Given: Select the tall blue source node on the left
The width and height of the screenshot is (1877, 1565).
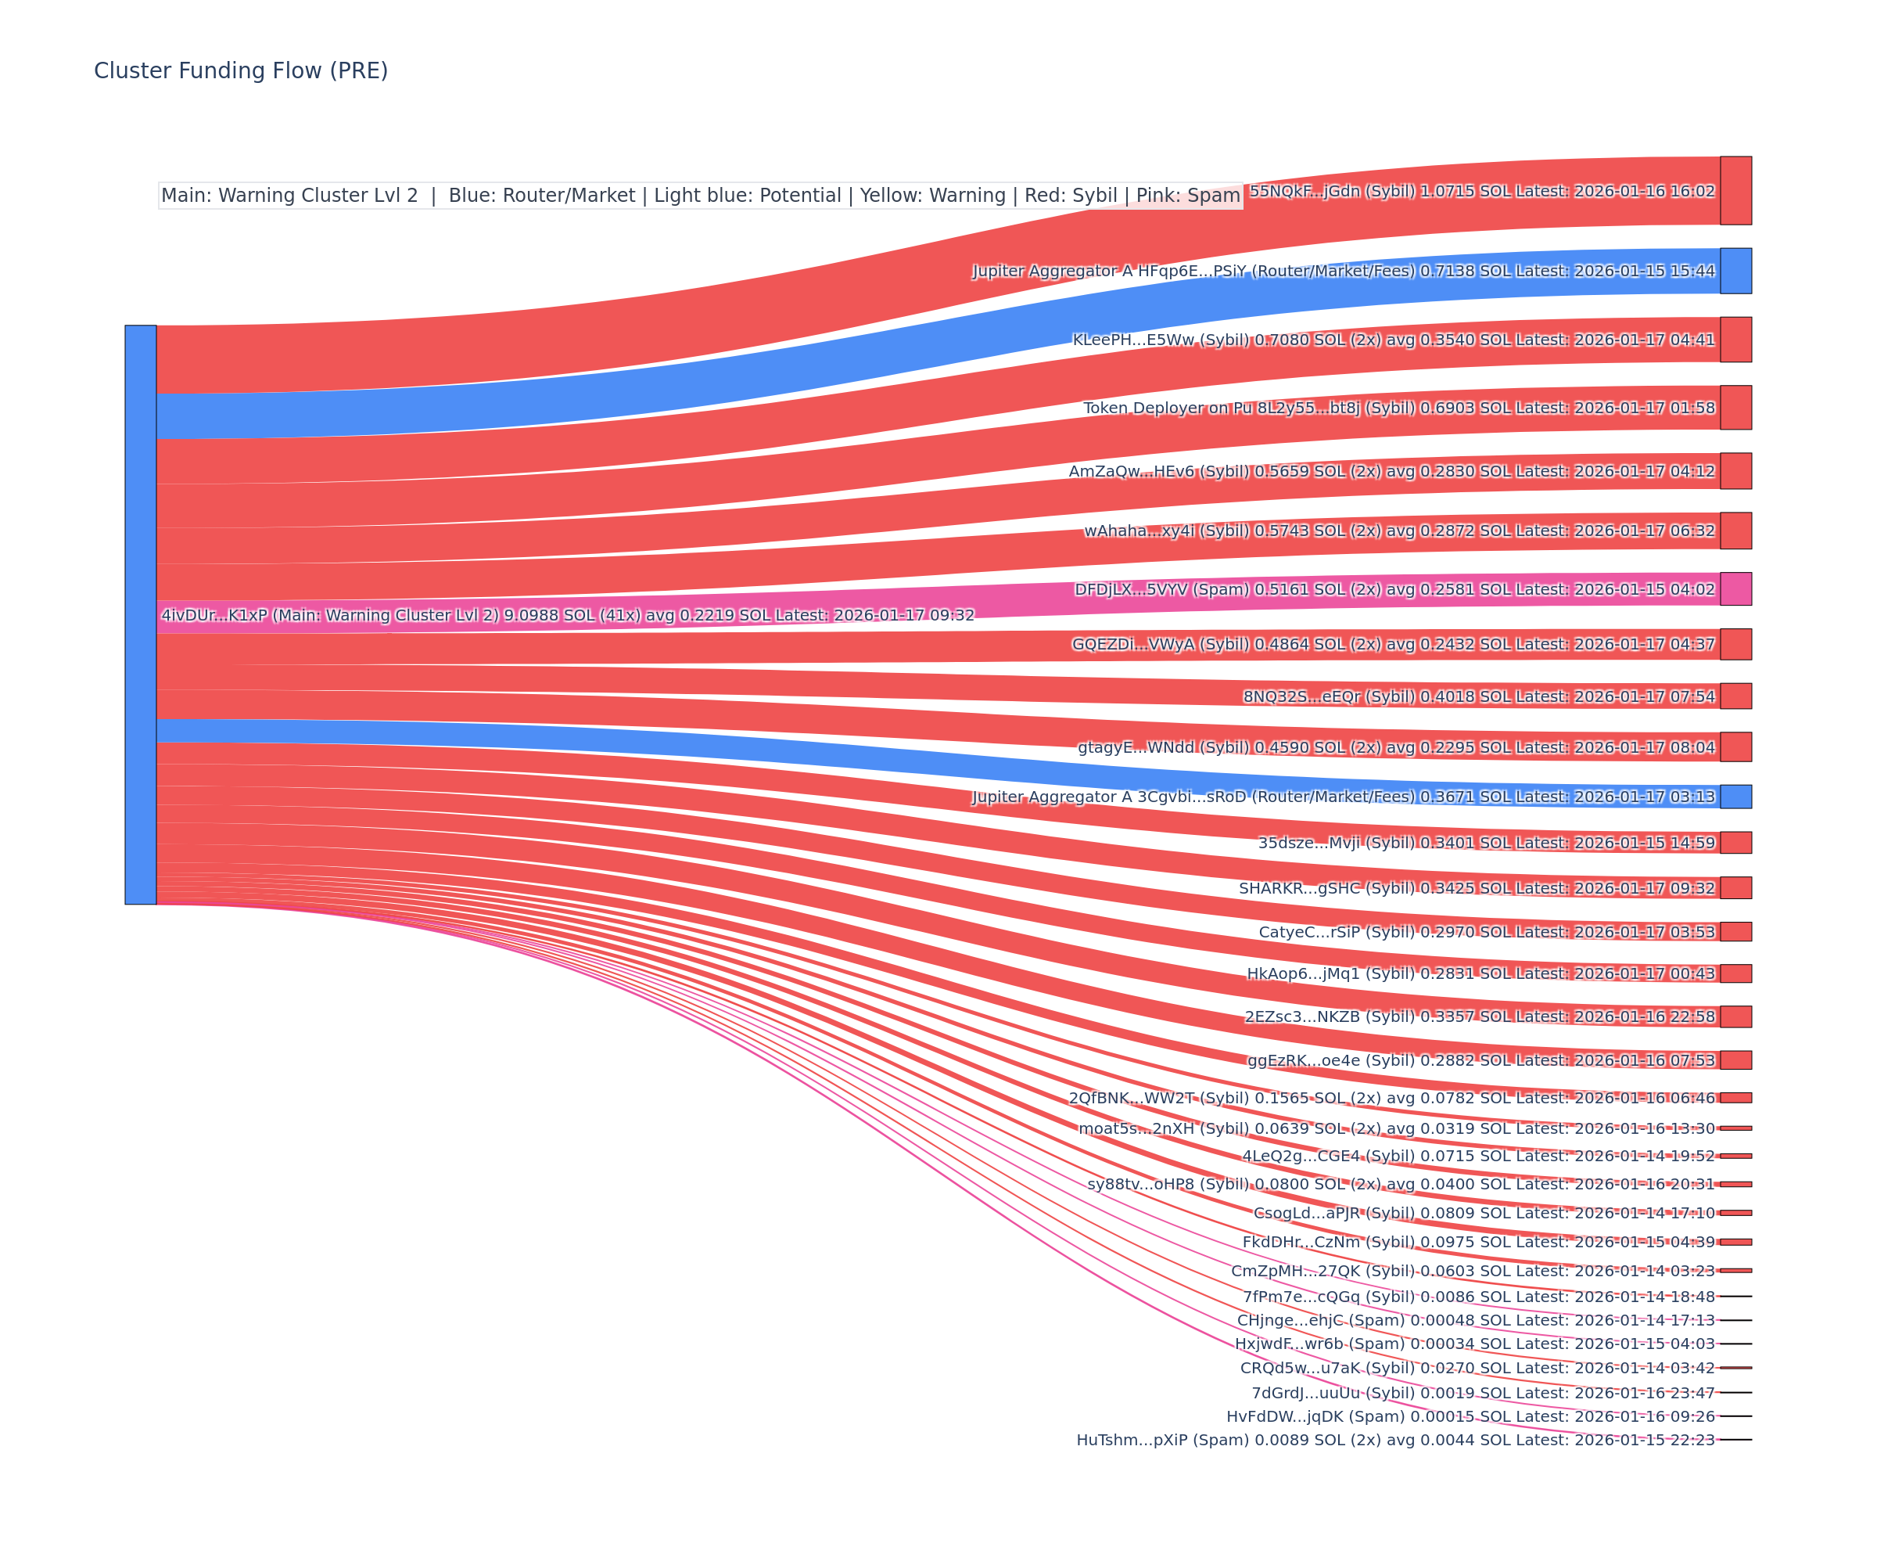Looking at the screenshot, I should click(140, 614).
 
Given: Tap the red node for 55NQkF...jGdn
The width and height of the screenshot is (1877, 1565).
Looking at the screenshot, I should click(1735, 190).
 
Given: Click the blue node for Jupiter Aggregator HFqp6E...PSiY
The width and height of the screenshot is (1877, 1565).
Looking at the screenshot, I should click(1735, 271).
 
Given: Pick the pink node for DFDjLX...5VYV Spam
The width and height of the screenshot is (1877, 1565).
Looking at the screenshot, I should click(1735, 588).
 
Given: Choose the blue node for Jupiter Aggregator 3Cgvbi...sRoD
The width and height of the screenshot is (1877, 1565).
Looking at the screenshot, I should click(1735, 796).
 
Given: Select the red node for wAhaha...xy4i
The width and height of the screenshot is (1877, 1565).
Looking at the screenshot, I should click(1735, 531).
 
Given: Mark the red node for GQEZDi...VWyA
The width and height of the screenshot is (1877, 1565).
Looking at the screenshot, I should click(1735, 644).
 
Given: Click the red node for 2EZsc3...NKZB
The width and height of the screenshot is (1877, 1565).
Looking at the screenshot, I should click(1735, 1016).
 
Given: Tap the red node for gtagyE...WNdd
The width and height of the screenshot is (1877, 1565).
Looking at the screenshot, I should click(1735, 747).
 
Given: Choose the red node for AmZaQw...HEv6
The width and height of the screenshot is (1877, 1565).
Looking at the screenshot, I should click(1735, 470).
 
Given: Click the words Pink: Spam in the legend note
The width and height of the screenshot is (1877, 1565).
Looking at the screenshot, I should click(1188, 196).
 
